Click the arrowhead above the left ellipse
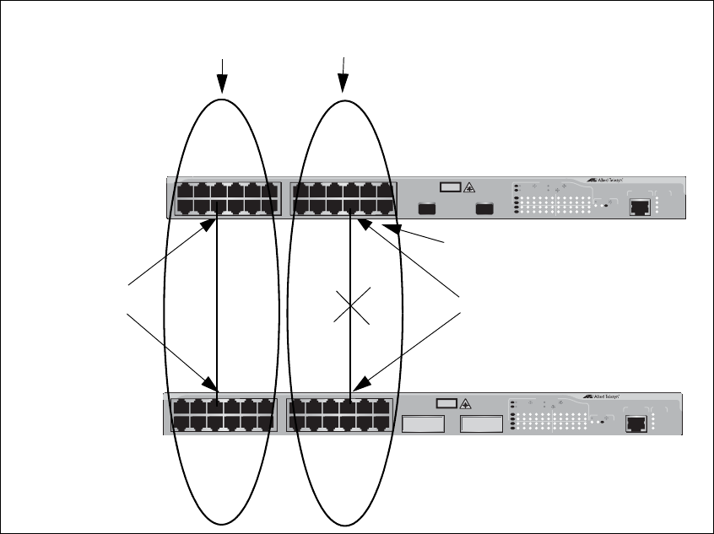(222, 84)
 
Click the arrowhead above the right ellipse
(343, 84)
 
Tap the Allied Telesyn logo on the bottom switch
(602, 396)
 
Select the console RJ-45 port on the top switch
(641, 204)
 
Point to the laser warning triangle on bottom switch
(463, 405)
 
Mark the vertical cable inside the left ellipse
(218, 304)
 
